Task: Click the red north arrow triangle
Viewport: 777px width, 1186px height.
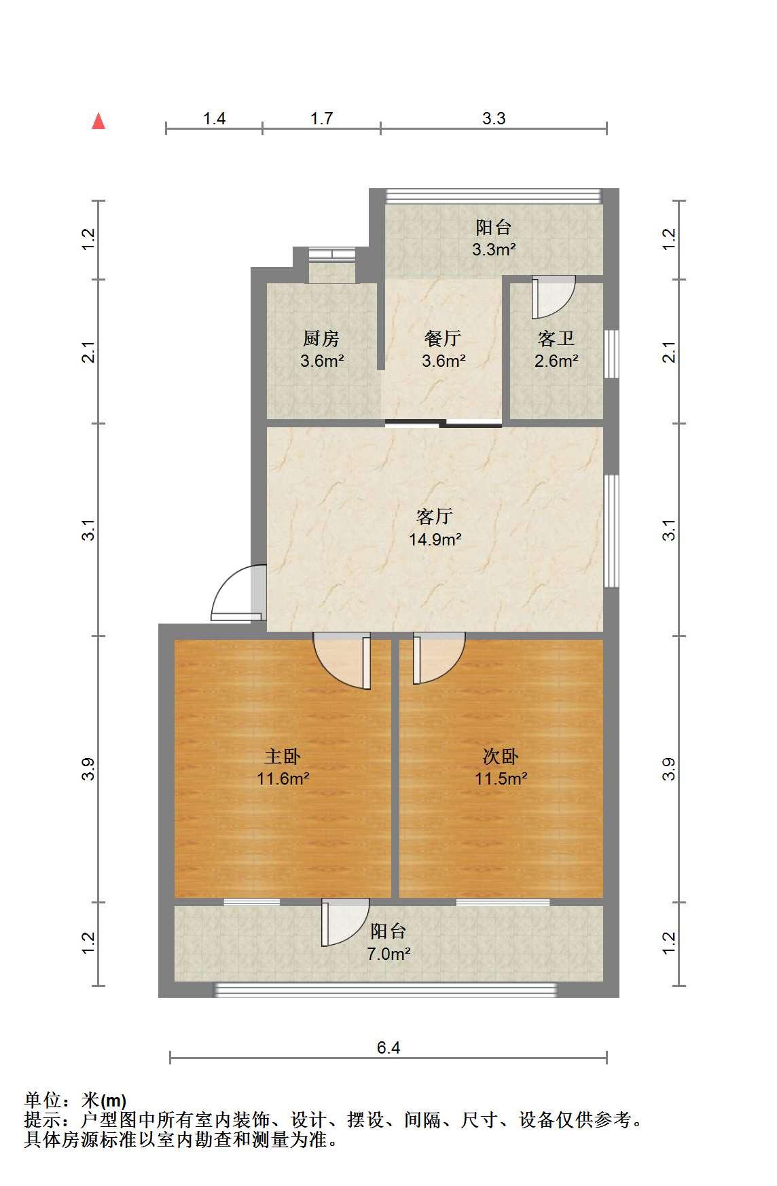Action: pos(98,121)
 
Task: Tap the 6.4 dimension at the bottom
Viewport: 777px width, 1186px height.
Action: pos(388,1047)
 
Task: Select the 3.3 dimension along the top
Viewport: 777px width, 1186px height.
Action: pos(494,118)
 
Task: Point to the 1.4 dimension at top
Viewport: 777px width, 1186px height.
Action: pos(214,118)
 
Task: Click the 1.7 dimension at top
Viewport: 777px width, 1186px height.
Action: pos(321,118)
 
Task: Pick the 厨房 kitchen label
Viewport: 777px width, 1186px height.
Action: pos(321,338)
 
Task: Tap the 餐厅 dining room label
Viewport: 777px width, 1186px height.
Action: pos(443,338)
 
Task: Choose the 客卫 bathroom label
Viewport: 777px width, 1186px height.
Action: pos(556,338)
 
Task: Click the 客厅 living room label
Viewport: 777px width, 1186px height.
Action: pos(435,517)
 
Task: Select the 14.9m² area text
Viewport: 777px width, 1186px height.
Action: pos(435,539)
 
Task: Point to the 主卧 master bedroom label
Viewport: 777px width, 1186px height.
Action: pos(283,755)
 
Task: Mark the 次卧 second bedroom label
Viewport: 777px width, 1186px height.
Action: pos(501,755)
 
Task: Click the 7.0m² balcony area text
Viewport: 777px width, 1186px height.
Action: pos(388,954)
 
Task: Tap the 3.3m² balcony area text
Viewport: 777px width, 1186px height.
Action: pos(494,249)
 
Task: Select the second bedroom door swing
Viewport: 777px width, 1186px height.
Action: pos(439,658)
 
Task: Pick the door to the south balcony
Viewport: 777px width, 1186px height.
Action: pos(346,922)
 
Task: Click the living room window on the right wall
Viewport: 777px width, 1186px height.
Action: pos(612,531)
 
